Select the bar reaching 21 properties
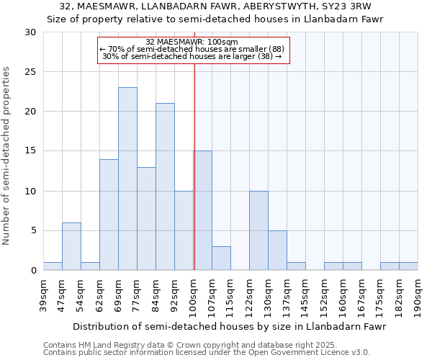pos(165,186)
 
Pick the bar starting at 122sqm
pos(258,230)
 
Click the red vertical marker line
pos(194,180)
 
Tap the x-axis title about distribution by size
pos(230,326)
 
